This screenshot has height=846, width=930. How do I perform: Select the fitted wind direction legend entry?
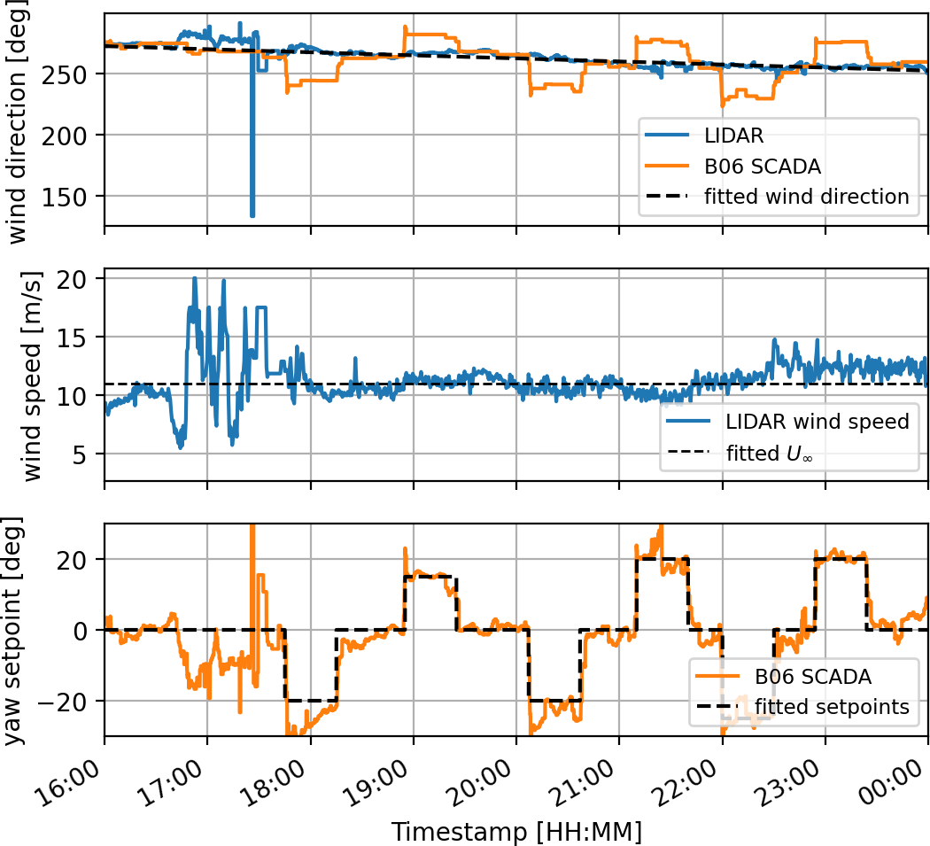coord(807,197)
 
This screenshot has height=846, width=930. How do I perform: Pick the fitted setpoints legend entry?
coord(832,707)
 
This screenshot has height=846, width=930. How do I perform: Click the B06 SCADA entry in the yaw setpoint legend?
coord(812,677)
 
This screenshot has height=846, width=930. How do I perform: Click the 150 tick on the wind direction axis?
coord(78,197)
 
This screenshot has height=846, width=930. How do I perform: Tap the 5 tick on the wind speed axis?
coord(90,454)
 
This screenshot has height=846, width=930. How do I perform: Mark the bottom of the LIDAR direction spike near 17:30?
coord(252,214)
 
